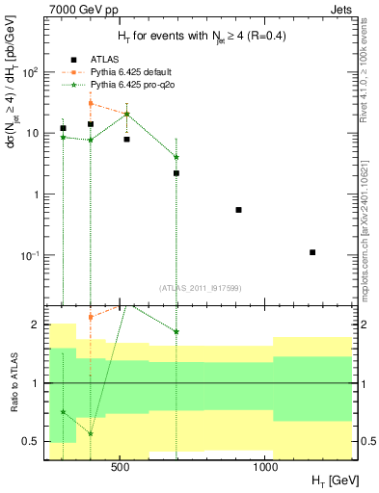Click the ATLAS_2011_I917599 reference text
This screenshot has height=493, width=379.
click(200, 286)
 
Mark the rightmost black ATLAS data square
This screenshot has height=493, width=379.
click(312, 252)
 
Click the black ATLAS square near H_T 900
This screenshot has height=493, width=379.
click(238, 210)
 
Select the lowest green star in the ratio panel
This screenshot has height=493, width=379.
click(91, 433)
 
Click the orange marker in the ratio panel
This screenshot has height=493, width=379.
click(91, 317)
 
